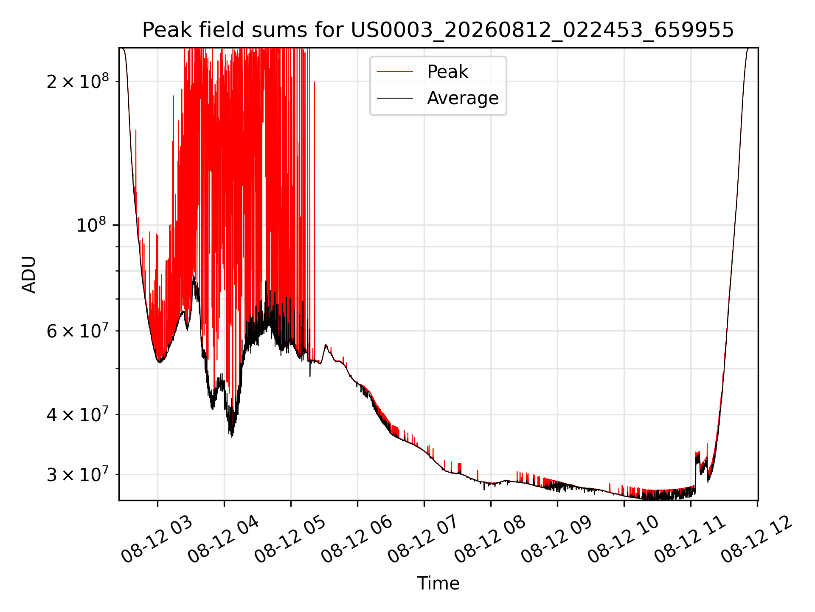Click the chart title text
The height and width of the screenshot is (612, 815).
(x=438, y=30)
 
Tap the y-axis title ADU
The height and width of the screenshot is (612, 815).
(x=29, y=275)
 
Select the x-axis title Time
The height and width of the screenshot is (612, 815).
(x=438, y=584)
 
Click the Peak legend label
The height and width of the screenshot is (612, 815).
(x=447, y=72)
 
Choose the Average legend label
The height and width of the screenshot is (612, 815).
(x=463, y=98)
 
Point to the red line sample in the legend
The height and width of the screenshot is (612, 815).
(x=395, y=72)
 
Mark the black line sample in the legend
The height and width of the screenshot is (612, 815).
(x=395, y=98)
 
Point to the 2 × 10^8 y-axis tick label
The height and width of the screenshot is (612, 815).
(x=77, y=81)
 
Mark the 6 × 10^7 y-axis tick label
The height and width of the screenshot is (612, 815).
(x=77, y=330)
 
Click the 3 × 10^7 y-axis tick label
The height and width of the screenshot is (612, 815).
(x=77, y=474)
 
